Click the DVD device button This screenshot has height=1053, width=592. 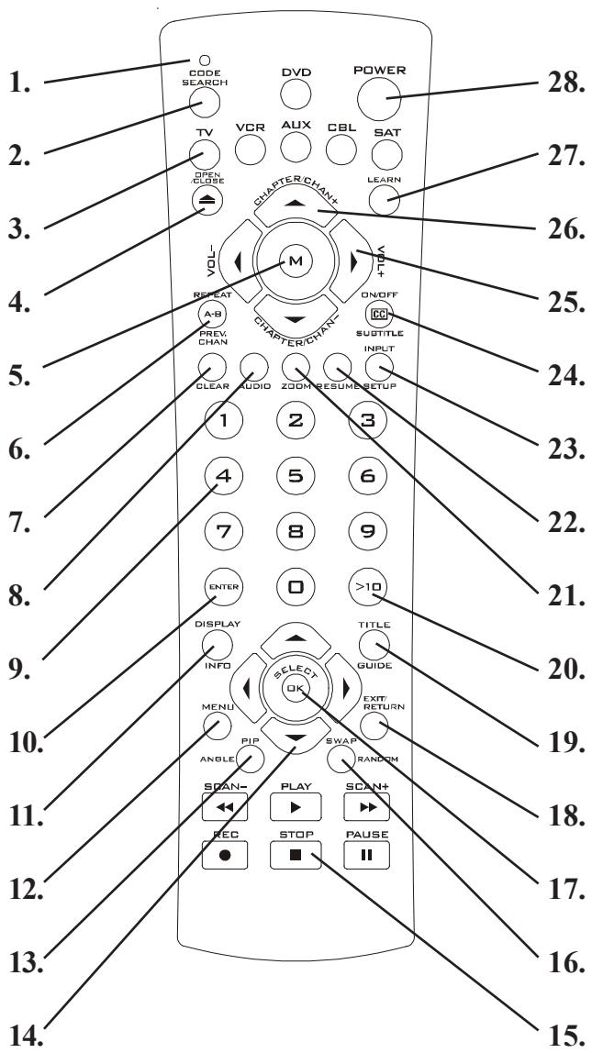click(296, 94)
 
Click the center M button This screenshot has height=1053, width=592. click(296, 261)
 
